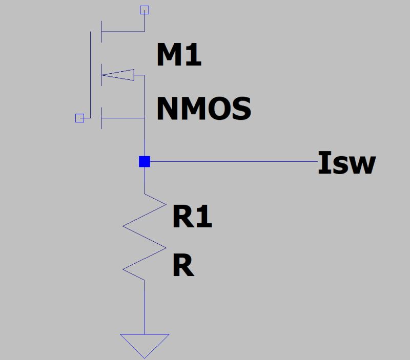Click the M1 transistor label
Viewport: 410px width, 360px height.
179,55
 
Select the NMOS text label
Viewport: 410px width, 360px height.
203,109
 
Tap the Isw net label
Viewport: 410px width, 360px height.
346,163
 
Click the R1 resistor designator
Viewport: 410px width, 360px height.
192,217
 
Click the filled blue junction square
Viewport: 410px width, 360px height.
145,162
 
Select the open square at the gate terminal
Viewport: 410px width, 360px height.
79,118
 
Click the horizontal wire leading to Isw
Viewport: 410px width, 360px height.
231,162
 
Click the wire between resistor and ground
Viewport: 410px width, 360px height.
145,307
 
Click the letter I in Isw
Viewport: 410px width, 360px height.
323,163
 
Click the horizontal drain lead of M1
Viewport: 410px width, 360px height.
123,31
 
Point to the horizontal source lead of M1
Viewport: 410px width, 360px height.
123,118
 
